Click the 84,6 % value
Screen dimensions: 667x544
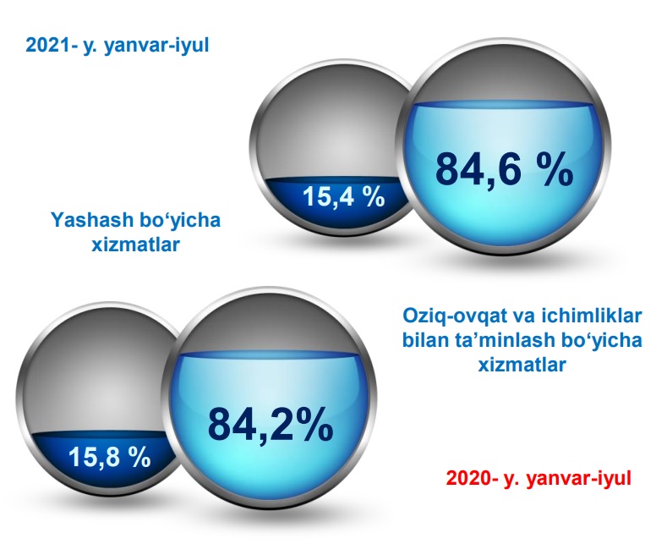tap(504, 169)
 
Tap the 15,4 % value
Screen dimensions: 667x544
tap(344, 197)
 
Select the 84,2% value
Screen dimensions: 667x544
tap(271, 424)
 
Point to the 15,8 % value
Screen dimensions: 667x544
tap(110, 457)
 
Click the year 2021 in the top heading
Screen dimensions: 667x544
tap(47, 45)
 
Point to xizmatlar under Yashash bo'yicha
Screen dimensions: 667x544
tap(136, 245)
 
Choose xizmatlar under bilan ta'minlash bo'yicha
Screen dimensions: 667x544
tap(522, 365)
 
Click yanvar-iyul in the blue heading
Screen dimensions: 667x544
tap(156, 46)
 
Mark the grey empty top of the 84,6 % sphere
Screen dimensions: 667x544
tap(503, 83)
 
